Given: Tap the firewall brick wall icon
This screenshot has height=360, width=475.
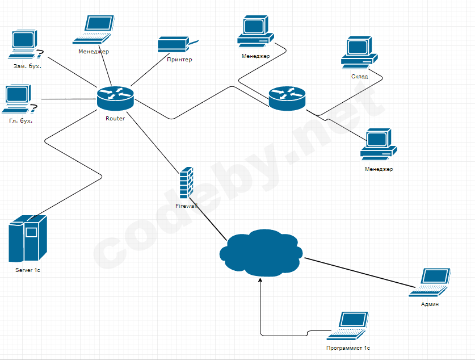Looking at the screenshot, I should click(186, 183).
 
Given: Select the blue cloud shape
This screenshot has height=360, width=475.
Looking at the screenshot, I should click(262, 252).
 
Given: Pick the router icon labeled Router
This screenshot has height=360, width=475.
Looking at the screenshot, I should click(115, 98).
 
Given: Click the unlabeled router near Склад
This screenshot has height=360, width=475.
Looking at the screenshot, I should click(287, 98).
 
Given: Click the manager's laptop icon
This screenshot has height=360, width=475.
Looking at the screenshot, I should click(93, 30).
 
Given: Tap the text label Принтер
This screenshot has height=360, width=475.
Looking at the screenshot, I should click(179, 60).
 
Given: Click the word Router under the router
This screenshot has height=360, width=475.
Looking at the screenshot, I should click(115, 118).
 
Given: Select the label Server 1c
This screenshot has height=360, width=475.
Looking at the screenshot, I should click(27, 271).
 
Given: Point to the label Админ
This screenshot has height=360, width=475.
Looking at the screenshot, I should click(430, 304).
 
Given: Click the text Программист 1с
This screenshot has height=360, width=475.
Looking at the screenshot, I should click(348, 348).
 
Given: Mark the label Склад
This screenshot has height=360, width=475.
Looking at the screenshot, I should click(359, 77).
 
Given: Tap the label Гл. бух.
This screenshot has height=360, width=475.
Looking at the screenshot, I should click(21, 121).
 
